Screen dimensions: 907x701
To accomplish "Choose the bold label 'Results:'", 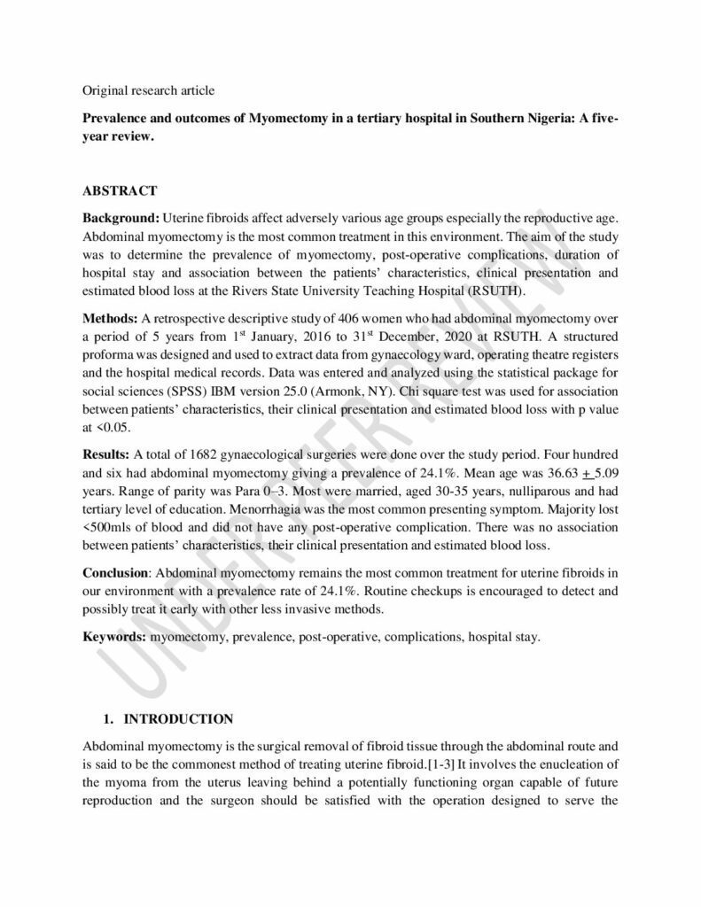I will [107, 454].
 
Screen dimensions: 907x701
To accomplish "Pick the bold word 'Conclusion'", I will [114, 573].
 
